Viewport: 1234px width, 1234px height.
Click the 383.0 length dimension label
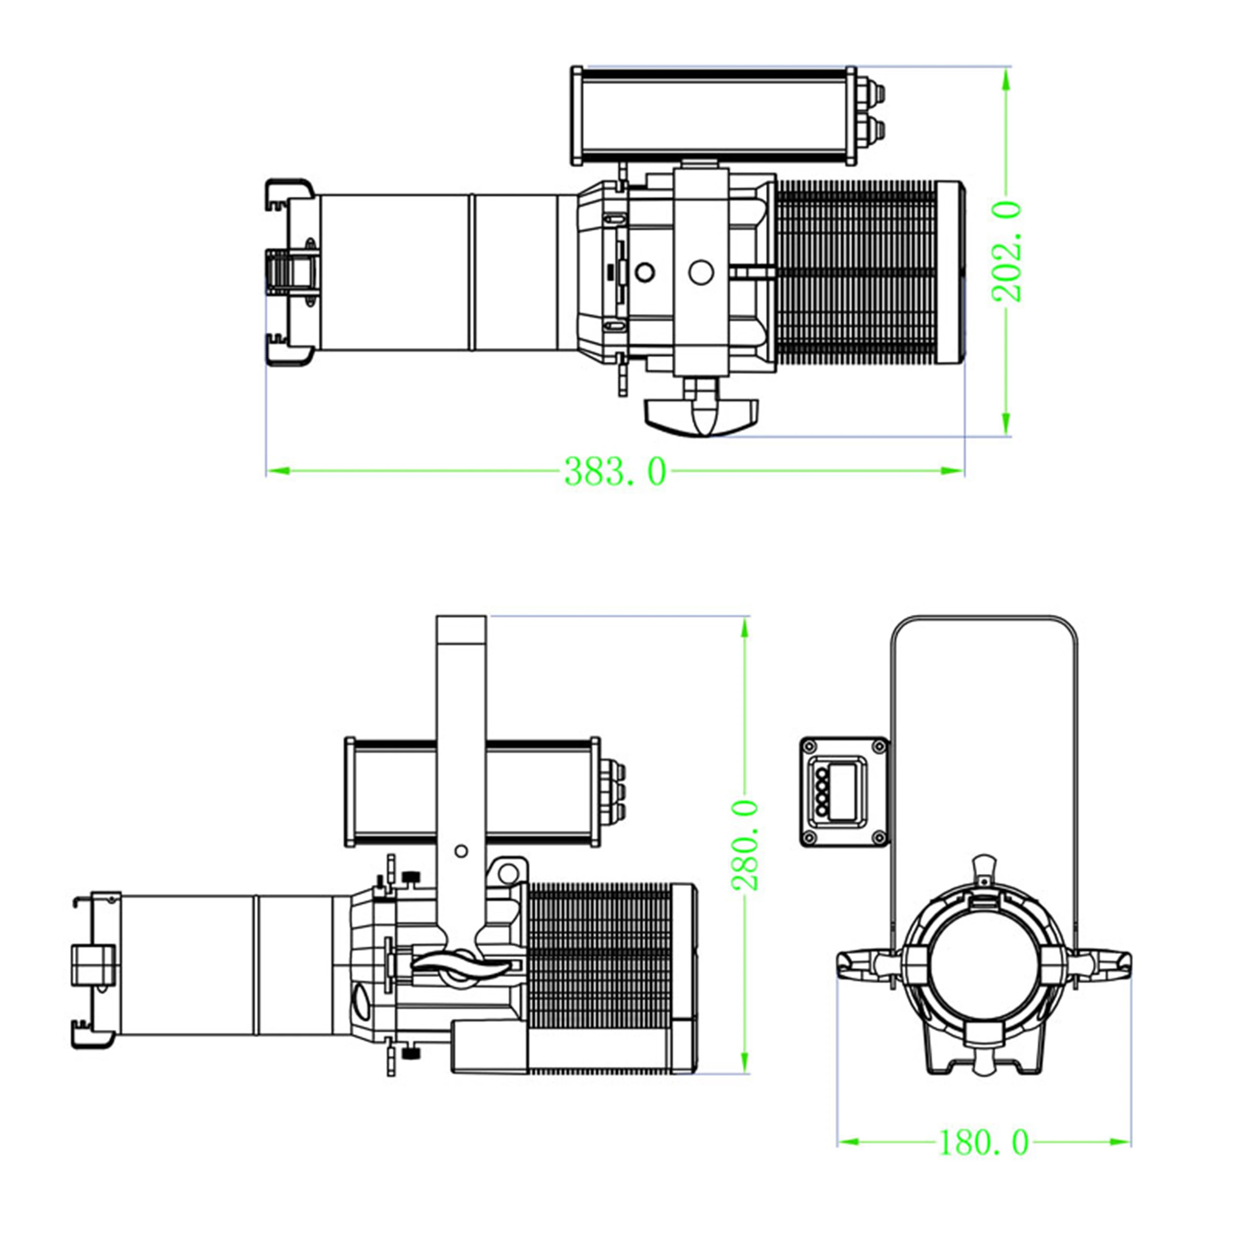pyautogui.click(x=615, y=472)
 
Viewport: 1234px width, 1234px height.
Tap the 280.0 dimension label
pyautogui.click(x=745, y=845)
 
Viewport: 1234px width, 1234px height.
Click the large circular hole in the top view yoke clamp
pyautogui.click(x=701, y=272)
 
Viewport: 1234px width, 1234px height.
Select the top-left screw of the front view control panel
pyautogui.click(x=810, y=747)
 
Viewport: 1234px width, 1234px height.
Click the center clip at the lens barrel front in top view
pyautogui.click(x=293, y=272)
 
